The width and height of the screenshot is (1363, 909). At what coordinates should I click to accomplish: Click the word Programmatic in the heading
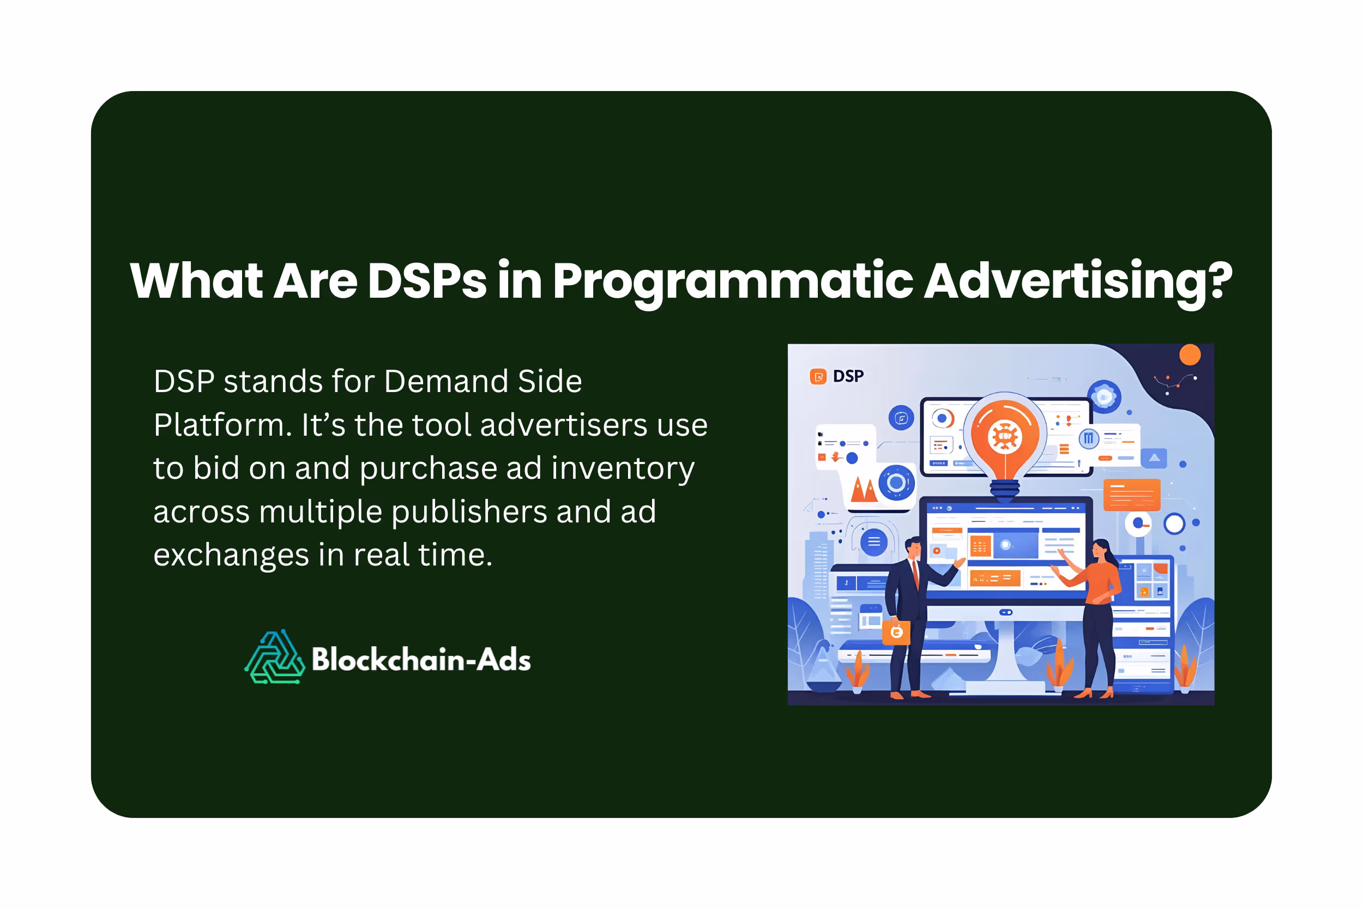point(733,282)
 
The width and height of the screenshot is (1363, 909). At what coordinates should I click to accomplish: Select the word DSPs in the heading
point(427,281)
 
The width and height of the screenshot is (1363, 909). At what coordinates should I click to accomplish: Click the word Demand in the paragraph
point(445,382)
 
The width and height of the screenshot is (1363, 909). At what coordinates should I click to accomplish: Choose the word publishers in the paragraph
point(469,512)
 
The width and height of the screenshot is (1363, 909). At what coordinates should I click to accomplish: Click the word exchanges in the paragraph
point(231,555)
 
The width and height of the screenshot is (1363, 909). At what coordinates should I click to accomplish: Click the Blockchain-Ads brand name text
point(421,660)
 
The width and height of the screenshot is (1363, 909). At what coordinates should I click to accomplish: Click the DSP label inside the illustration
point(848,377)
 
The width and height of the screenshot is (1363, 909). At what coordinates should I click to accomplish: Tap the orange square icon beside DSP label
point(818,377)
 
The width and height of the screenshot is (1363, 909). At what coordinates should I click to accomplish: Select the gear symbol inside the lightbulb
point(1004,436)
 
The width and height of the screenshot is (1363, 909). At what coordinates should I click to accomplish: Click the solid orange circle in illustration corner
point(1190,355)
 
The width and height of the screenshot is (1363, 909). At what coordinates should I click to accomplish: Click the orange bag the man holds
point(896,633)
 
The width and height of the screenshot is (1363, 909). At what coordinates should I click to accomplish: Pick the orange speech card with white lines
point(1131,495)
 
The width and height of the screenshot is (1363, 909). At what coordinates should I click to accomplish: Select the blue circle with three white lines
point(874,542)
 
